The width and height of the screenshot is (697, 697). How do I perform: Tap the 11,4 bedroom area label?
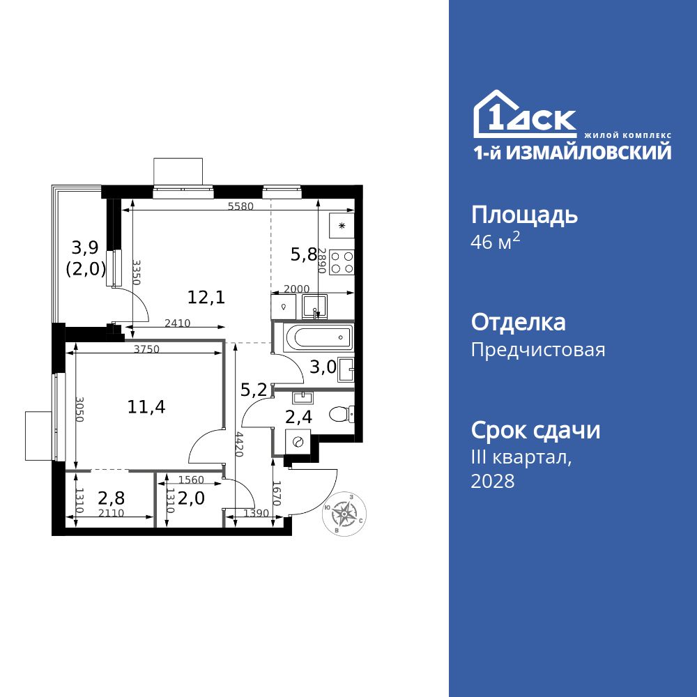[x=146, y=406]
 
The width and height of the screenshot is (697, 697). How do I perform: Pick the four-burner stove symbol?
[x=342, y=263]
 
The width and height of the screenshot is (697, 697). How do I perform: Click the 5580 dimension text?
[x=240, y=207]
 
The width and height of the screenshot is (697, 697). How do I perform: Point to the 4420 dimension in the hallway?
[x=239, y=444]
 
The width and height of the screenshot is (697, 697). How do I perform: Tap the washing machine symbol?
[x=298, y=441]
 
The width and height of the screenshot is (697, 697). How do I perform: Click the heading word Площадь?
[x=524, y=215]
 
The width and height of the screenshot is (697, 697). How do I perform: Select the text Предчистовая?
[x=538, y=350]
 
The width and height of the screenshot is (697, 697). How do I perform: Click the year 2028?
[x=493, y=481]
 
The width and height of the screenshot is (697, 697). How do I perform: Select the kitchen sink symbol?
[x=316, y=305]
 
